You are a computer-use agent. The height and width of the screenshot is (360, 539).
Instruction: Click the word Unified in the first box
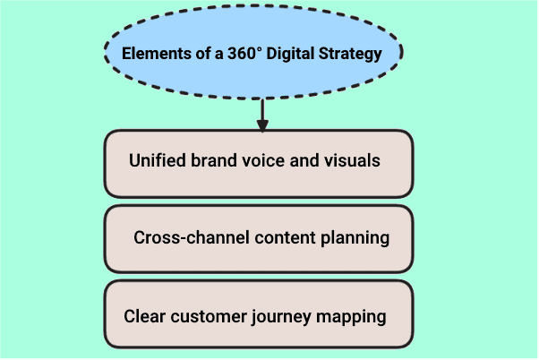[x=156, y=161]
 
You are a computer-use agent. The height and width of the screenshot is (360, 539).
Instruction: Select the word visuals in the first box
[x=350, y=161]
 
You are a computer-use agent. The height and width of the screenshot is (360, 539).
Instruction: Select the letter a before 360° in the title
[x=214, y=54]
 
